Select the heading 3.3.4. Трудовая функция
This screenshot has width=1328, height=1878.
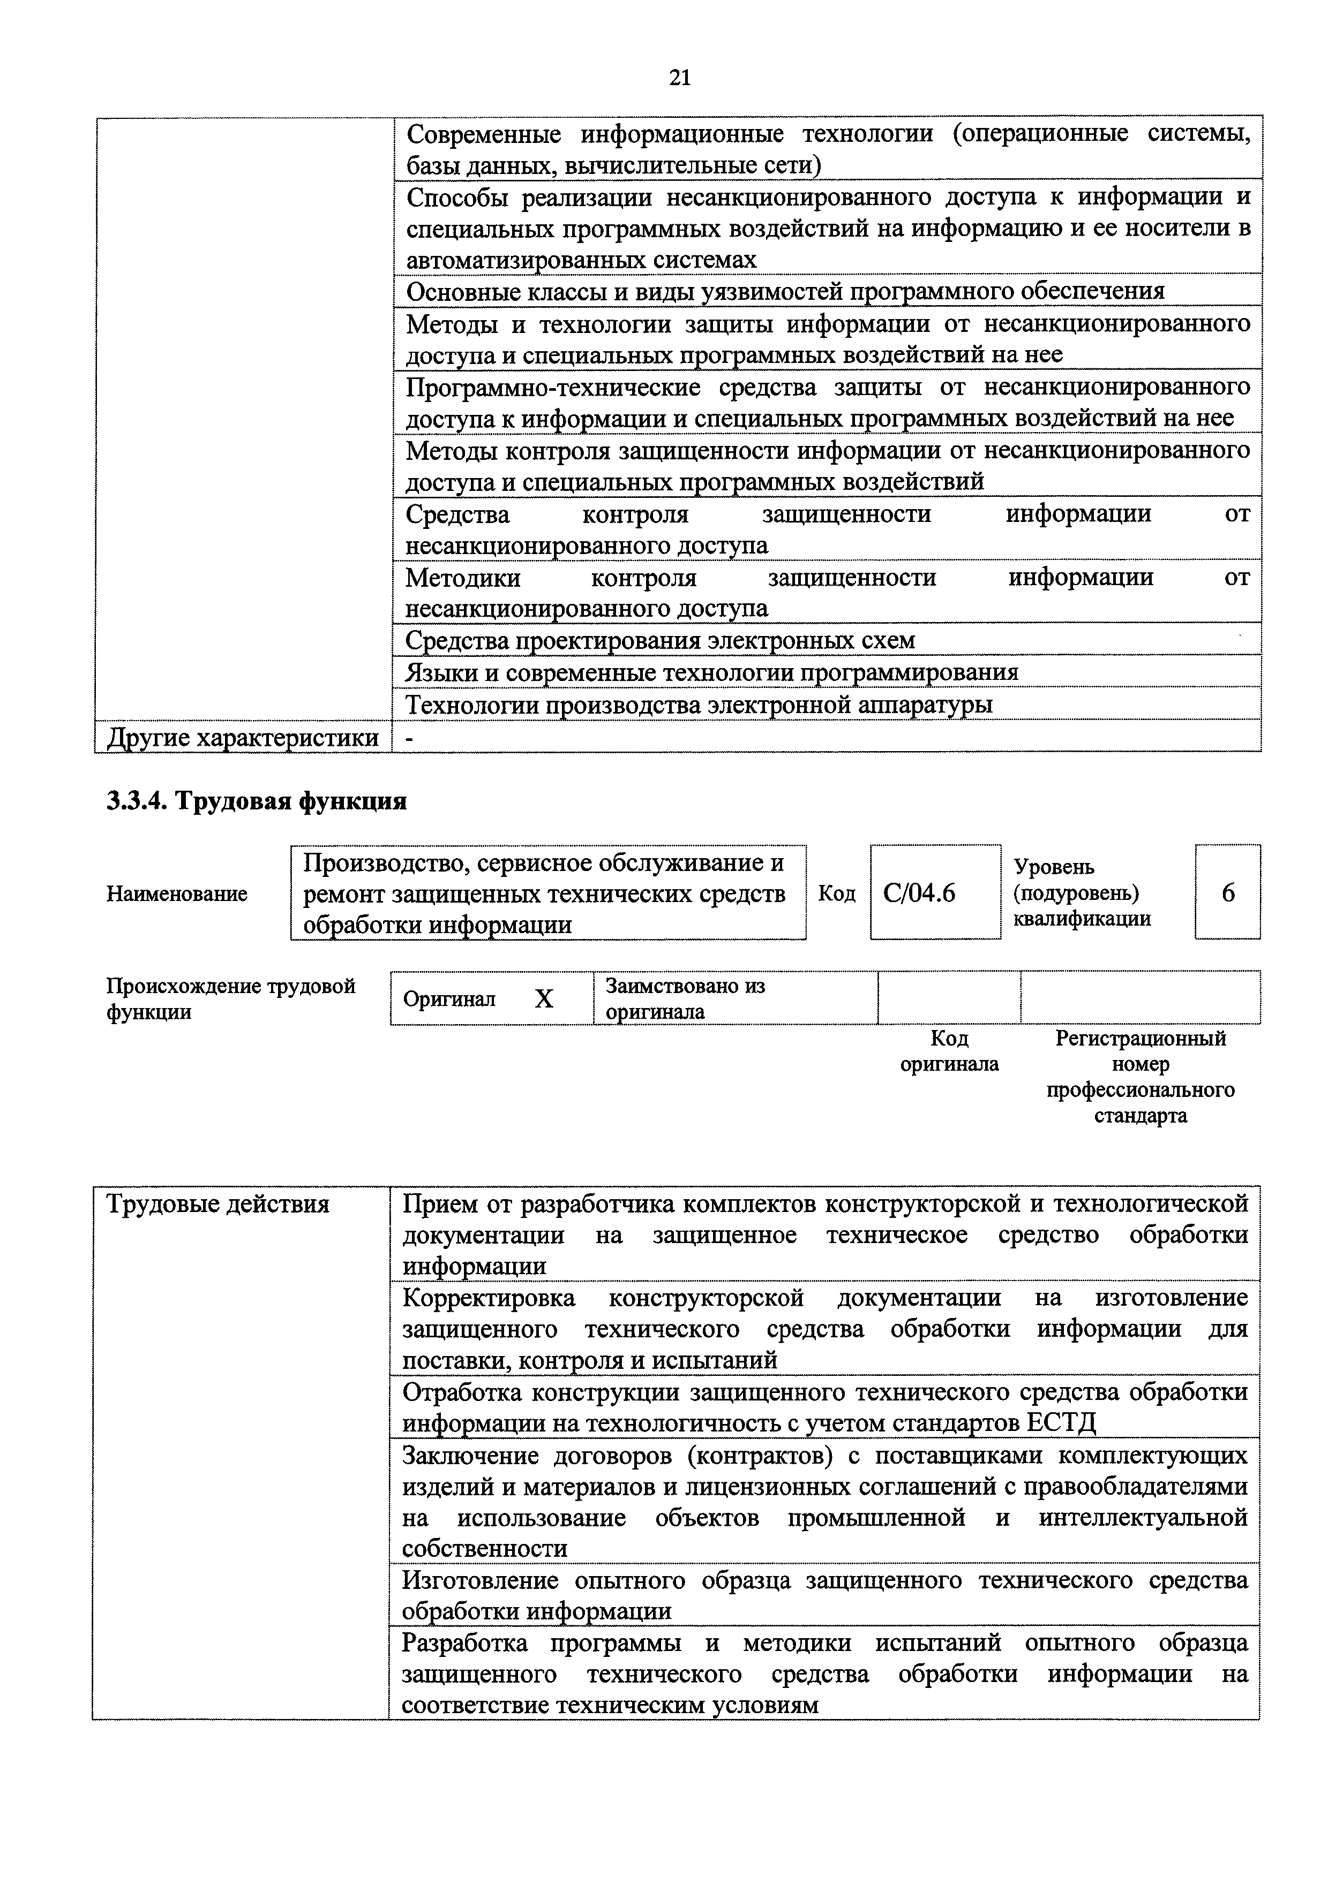pos(257,801)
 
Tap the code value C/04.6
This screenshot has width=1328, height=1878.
pos(919,893)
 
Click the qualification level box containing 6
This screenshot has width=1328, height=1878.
pos(1227,893)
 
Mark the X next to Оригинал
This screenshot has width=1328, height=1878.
pos(544,999)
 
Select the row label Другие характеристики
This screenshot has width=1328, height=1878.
pos(244,738)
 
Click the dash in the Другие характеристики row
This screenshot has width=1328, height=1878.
pos(410,738)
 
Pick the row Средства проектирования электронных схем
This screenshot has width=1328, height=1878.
pos(661,640)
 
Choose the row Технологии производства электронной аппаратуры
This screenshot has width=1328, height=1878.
pos(700,705)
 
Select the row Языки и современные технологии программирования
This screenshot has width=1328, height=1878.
pos(712,672)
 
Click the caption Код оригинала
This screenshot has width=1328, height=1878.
pos(949,1051)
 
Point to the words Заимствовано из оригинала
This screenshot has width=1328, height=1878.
pos(684,999)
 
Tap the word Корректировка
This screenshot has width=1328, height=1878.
pos(489,1298)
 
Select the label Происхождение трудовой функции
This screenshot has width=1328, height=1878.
pos(231,999)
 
